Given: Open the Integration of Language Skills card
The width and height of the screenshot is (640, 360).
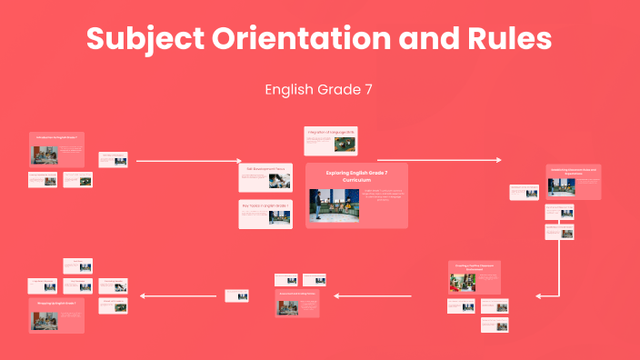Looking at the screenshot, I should pyautogui.click(x=331, y=140).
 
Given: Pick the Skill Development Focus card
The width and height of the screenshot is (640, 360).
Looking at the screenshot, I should pyautogui.click(x=265, y=177).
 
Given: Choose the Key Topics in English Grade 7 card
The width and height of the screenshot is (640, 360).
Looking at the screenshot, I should pyautogui.click(x=265, y=214).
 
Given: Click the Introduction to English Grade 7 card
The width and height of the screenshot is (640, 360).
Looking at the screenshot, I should pyautogui.click(x=56, y=149).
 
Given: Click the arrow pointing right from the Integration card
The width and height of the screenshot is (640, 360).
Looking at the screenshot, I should pyautogui.click(x=438, y=161).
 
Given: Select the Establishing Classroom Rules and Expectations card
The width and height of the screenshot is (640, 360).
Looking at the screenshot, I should pyautogui.click(x=573, y=182).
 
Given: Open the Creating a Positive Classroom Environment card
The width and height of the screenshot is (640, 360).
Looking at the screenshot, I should pyautogui.click(x=475, y=276).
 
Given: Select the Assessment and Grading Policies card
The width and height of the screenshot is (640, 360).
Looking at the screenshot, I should pyautogui.click(x=297, y=302).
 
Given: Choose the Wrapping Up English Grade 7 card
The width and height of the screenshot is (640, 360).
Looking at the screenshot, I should pyautogui.click(x=57, y=315).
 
